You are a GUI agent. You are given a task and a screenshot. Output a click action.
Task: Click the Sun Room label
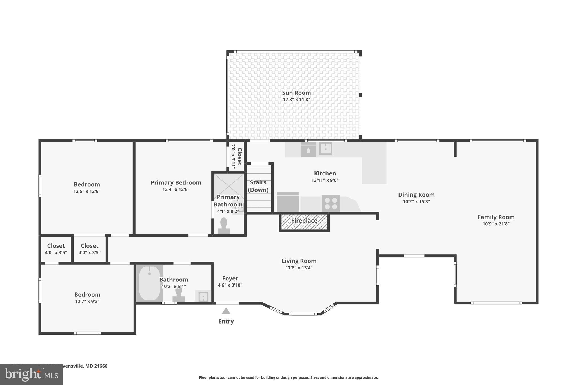(296, 93)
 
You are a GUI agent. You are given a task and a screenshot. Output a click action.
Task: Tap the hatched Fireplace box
(304, 222)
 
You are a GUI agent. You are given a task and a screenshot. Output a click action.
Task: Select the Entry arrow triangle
(226, 311)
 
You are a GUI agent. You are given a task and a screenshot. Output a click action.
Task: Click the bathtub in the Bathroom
(149, 283)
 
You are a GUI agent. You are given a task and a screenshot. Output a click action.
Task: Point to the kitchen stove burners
(331, 203)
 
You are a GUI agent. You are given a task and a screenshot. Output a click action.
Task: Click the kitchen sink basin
(326, 148)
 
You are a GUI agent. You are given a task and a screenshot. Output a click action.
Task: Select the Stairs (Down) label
(258, 186)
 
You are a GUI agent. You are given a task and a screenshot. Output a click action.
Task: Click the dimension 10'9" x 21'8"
(496, 224)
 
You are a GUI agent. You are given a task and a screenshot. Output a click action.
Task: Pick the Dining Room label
(416, 195)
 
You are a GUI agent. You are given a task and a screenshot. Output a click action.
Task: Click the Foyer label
(230, 278)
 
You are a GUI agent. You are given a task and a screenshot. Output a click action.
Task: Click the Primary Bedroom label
(176, 183)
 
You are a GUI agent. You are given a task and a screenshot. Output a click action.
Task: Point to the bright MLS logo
(31, 375)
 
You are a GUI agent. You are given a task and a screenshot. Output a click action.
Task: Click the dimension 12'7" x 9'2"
(87, 301)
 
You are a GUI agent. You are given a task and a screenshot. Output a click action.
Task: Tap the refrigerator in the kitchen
(288, 202)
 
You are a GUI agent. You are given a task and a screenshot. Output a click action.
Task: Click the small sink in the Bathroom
(203, 296)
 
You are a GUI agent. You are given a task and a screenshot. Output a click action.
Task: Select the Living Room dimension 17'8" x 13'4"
(299, 268)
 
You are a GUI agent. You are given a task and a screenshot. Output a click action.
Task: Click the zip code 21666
(101, 366)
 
